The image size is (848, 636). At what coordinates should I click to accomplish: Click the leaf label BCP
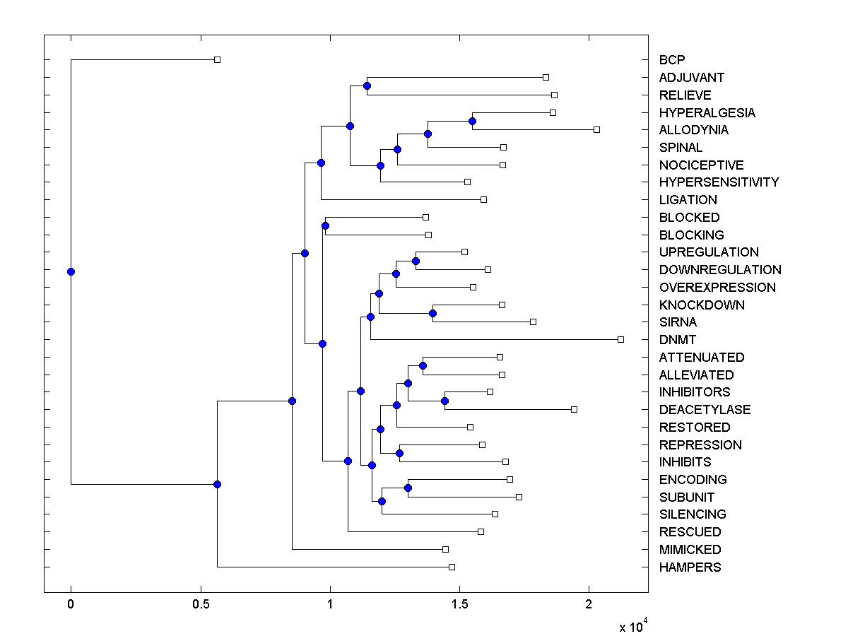pos(671,60)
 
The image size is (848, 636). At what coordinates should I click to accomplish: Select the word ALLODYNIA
pos(693,130)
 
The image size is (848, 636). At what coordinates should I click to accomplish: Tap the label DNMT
pos(677,340)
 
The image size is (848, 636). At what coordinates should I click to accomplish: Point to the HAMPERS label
pos(690,567)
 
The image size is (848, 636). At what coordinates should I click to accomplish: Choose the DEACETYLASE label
pos(705,410)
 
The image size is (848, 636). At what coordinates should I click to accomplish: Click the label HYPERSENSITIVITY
pos(719,182)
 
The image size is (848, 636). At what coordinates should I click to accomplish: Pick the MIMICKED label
pos(690,550)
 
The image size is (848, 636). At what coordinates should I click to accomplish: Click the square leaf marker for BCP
pos(217,59)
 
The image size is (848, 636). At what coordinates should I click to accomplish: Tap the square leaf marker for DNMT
pos(620,339)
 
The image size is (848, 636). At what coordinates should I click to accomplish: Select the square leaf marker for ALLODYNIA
pos(596,129)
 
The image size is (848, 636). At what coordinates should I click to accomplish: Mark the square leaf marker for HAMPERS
pos(452,567)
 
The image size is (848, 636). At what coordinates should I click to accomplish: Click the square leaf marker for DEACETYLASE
pos(574,409)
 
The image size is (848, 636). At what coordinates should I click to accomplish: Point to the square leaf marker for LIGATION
pos(483,199)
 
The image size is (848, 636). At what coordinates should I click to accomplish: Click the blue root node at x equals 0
pos(71,271)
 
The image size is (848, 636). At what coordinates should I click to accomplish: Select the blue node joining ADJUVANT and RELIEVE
pos(367,86)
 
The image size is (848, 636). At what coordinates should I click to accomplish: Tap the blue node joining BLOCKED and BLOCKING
pos(325,225)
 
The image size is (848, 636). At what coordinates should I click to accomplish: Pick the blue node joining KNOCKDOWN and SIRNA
pos(432,313)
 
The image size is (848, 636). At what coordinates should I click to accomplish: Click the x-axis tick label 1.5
pos(459,605)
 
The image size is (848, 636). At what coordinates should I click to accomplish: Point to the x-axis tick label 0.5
pos(201,605)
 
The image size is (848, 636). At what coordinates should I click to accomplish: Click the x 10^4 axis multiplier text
pos(632,626)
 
